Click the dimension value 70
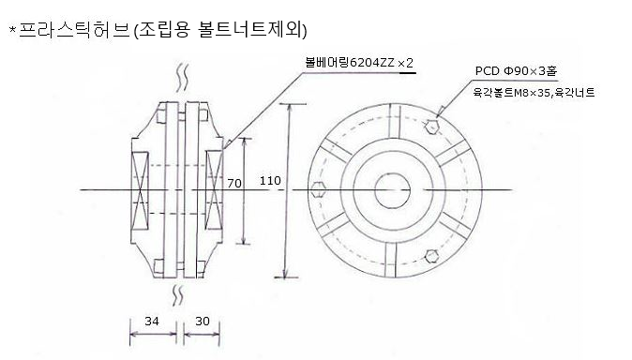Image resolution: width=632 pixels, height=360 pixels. coord(234,184)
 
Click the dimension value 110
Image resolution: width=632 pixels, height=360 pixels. coord(270,180)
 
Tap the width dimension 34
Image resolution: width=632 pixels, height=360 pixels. coord(152,321)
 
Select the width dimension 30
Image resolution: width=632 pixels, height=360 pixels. coord(203,321)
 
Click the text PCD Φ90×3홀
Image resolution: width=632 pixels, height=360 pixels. coord(517,71)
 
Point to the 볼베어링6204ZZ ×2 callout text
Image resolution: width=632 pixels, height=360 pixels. coord(359,63)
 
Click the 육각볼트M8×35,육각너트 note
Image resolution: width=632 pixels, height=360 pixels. coord(534,93)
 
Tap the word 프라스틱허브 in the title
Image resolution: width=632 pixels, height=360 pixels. coord(75,30)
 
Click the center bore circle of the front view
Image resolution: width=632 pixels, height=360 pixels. coord(392,191)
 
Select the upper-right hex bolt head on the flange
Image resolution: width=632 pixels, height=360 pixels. coord(431,127)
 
